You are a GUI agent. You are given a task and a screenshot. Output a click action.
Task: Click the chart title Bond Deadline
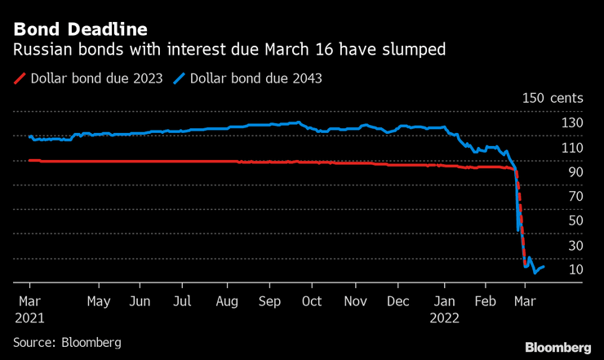(80, 30)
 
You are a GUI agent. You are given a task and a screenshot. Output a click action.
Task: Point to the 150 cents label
(553, 98)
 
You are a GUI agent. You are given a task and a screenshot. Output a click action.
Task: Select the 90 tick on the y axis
(575, 172)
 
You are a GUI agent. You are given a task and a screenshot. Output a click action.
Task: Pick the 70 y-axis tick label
(575, 197)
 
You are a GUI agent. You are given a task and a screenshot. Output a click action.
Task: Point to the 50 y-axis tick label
(575, 220)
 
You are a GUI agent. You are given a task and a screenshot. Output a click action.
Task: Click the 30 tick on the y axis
(575, 245)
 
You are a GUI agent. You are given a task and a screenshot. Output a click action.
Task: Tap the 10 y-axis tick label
(575, 269)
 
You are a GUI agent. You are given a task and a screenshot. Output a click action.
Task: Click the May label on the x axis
(98, 300)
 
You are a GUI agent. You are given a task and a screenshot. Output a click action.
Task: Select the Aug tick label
(227, 300)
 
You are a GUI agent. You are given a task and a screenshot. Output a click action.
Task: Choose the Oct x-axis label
(312, 300)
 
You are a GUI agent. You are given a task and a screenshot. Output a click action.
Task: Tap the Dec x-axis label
(398, 300)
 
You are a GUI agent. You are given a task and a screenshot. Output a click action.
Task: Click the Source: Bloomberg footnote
(67, 342)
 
